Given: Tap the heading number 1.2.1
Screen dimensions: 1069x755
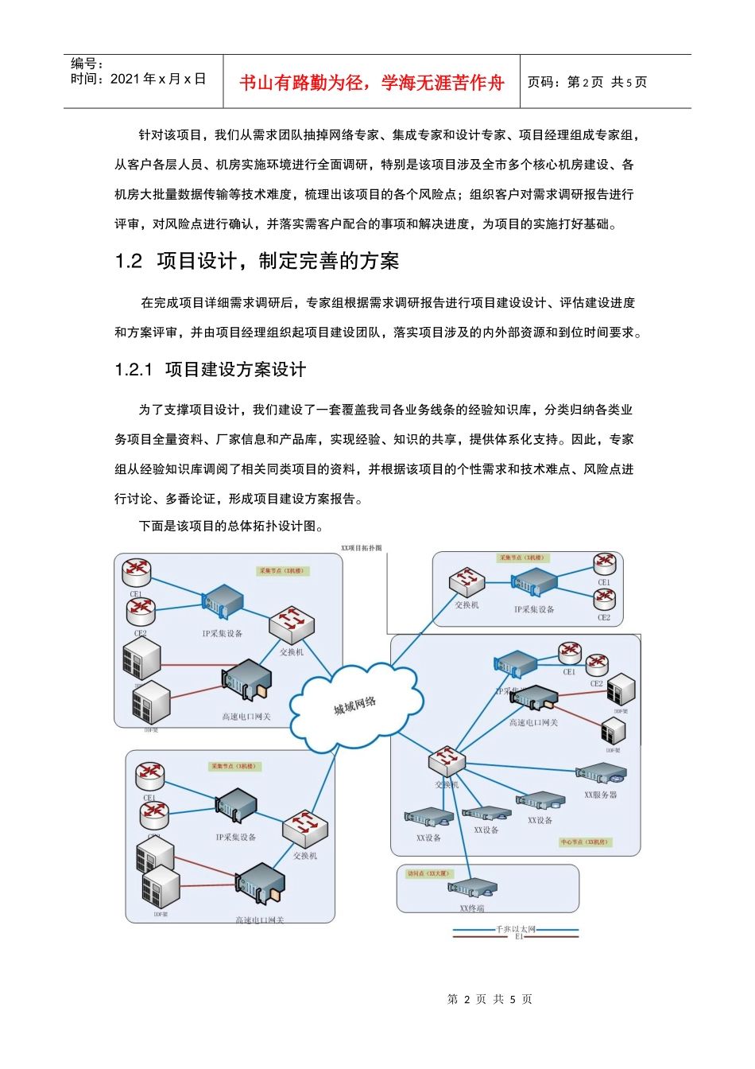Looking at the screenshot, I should point(133,370).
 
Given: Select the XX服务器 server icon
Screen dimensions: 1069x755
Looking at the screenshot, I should point(601,774).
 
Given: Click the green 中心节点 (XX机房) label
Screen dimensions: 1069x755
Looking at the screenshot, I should point(584,842).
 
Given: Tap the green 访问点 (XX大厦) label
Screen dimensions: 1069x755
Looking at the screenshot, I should point(428,873).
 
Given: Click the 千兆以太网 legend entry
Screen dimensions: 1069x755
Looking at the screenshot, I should point(516,929).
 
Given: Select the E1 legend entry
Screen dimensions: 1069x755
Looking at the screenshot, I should point(518,937).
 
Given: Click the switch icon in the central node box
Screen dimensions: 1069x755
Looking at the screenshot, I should point(447,761).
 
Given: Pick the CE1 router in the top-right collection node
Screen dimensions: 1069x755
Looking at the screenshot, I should point(605,564).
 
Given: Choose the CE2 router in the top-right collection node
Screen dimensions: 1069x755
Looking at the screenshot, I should point(604,599).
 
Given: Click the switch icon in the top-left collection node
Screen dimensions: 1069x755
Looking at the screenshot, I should point(292,625).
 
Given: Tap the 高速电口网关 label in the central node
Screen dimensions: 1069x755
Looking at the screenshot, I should point(533,723).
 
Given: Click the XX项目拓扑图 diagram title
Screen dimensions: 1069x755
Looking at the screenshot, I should point(362,548).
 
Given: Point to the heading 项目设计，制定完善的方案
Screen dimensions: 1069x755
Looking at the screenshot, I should point(278,261).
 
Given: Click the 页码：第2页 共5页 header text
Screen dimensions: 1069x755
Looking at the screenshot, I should point(587,82).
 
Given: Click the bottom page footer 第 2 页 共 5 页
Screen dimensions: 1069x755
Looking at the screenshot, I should point(490,999).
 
